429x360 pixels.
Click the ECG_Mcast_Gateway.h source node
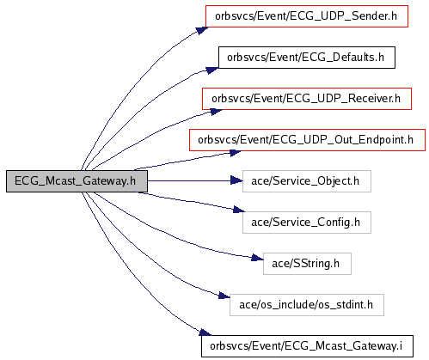tap(77, 181)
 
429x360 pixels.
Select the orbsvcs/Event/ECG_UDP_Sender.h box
tap(307, 16)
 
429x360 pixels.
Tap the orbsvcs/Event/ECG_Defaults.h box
tap(307, 58)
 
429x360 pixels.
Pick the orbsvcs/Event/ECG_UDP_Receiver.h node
tap(307, 99)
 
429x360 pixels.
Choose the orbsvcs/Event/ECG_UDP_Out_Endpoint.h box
tap(307, 140)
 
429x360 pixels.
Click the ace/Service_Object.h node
tap(307, 181)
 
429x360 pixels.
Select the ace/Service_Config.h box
tap(307, 223)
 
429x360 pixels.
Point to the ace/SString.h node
tap(307, 264)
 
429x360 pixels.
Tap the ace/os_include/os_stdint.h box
tap(307, 305)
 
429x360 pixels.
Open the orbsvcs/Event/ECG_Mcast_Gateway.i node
tap(307, 346)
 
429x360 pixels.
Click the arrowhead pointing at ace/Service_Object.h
tap(236, 180)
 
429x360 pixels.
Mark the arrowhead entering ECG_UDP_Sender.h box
tap(202, 30)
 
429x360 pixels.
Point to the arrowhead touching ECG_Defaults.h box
tap(212, 70)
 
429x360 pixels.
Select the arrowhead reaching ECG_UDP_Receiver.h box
tap(217, 112)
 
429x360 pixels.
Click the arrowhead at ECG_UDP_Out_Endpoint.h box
tap(236, 153)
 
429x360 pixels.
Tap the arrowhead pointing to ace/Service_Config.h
tap(239, 210)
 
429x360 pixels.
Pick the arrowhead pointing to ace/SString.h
tap(257, 258)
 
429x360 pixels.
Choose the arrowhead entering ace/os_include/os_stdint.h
tap(224, 296)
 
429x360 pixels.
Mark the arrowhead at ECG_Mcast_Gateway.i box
tap(205, 333)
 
